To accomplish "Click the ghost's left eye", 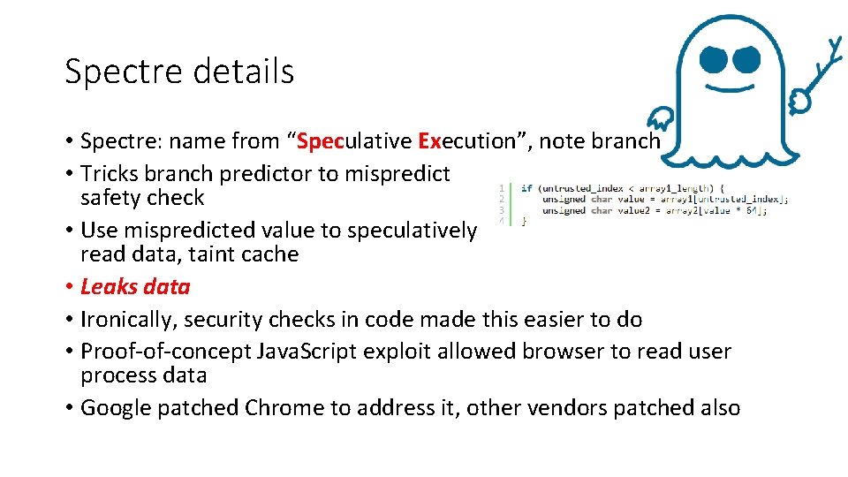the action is coord(714,60).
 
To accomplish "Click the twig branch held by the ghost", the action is coord(821,75).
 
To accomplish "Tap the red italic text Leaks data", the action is coord(135,287).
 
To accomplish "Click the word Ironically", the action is coord(126,320).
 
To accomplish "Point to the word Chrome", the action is coord(285,408).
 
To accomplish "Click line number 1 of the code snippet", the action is coord(501,187).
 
